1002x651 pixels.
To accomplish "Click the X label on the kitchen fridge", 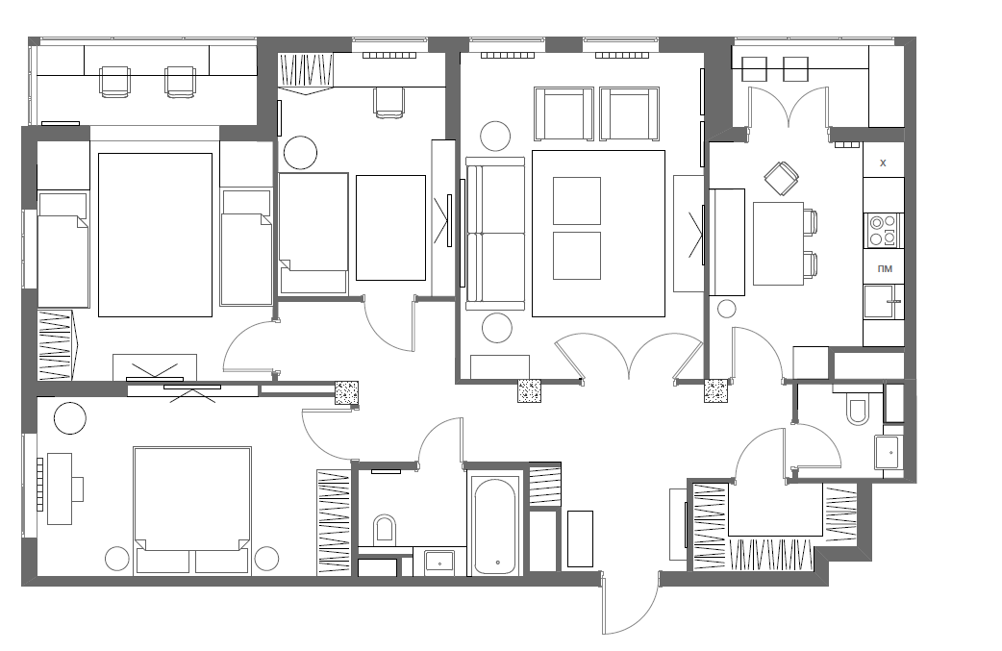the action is (x=883, y=163).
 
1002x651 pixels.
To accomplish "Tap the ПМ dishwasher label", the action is (x=885, y=269).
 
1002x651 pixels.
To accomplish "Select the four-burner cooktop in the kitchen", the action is (x=883, y=231).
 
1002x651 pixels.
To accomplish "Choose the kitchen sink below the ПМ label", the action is (x=880, y=302).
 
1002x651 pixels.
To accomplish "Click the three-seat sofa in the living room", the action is (x=495, y=233).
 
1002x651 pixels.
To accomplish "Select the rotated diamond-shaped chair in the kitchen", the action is (x=782, y=178).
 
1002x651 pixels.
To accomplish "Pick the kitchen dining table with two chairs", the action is (x=778, y=243).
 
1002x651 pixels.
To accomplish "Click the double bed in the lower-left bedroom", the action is (x=192, y=510).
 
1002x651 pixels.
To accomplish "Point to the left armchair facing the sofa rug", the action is (x=564, y=113).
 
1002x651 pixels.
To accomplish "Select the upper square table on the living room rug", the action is (x=576, y=201).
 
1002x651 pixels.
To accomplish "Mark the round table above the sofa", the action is (x=495, y=137).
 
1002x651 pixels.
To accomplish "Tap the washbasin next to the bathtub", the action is (x=439, y=562).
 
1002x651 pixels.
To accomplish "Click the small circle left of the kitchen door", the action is (x=727, y=310).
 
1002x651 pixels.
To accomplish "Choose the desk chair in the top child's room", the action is (x=389, y=103).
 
